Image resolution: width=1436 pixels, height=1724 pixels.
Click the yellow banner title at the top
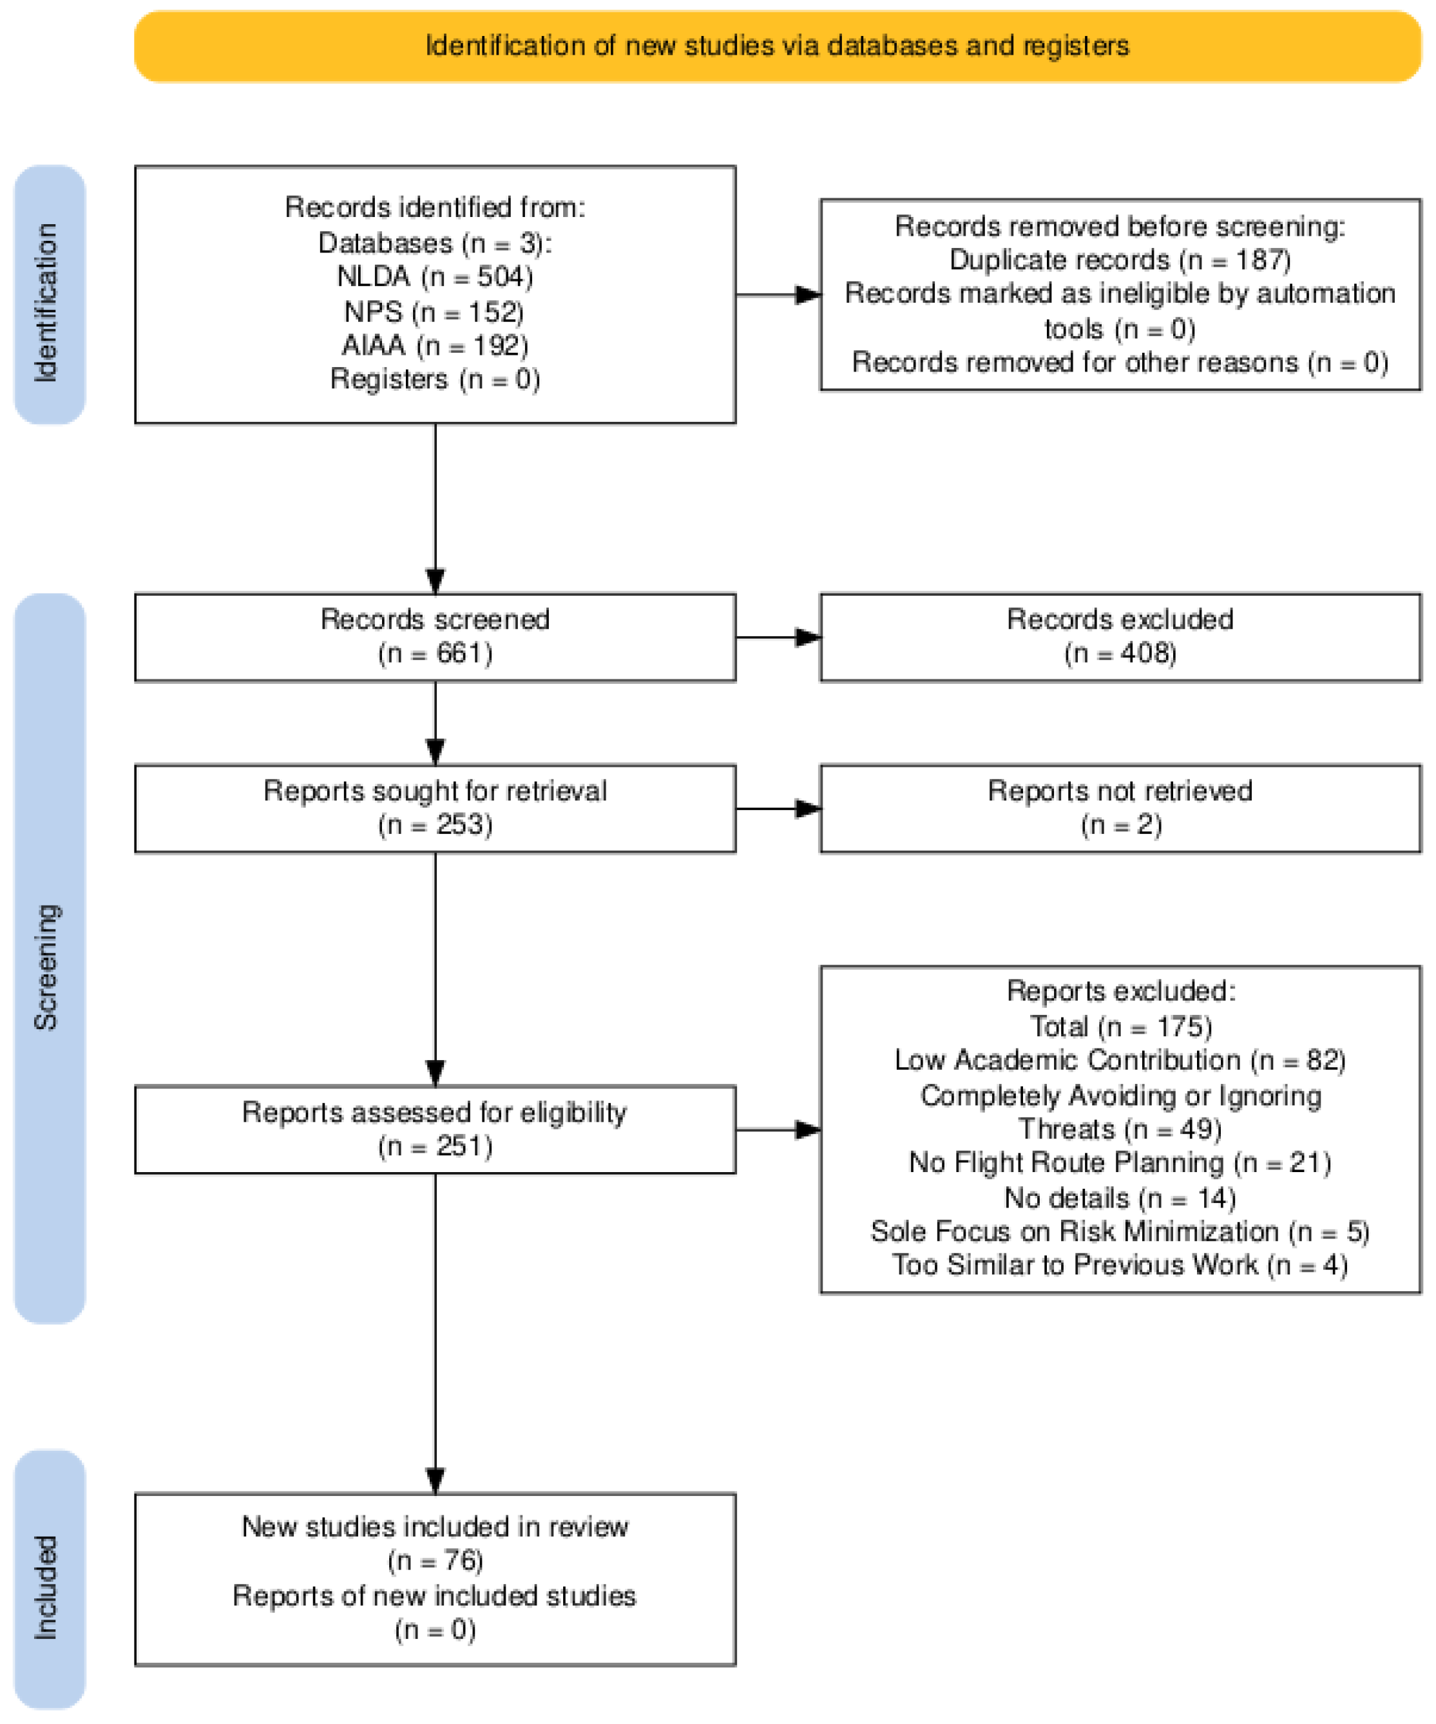coord(777,45)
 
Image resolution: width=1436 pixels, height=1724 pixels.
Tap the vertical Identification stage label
coord(47,301)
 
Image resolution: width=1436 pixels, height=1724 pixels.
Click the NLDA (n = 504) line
coord(434,277)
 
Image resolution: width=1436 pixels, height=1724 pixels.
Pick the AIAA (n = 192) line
coord(434,346)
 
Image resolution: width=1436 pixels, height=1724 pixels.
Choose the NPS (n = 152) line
coord(434,312)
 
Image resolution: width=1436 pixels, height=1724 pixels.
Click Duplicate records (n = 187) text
coord(1119,260)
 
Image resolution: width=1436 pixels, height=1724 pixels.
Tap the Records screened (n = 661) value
coord(434,654)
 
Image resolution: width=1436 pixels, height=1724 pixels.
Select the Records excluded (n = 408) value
coord(1119,654)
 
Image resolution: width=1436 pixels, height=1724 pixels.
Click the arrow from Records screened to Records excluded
coord(778,637)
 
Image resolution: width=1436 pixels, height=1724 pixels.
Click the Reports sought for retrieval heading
coord(434,791)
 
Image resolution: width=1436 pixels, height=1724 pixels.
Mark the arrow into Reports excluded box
coord(778,1130)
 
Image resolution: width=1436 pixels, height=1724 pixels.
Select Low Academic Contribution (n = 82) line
coord(1119,1060)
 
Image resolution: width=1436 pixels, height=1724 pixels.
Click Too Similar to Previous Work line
coord(1119,1265)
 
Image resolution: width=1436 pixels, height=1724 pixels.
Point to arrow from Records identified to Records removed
coord(778,295)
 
